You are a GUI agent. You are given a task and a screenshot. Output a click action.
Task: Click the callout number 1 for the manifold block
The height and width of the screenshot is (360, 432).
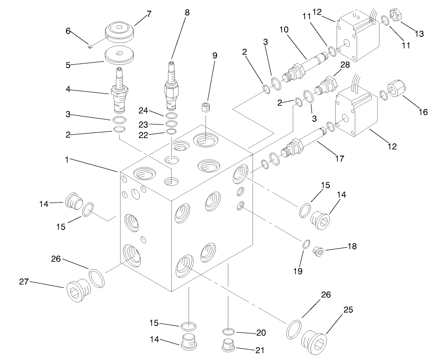68,161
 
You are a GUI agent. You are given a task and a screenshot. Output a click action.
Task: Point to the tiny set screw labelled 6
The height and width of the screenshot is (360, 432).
90,45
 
